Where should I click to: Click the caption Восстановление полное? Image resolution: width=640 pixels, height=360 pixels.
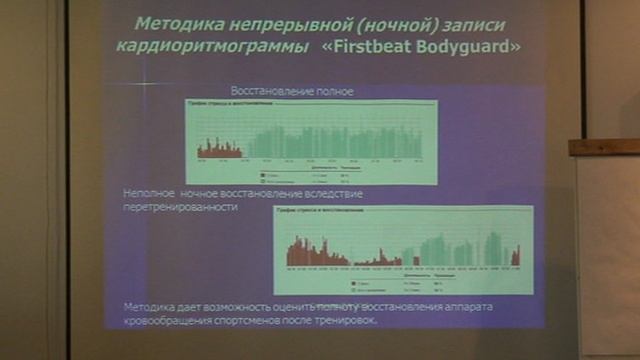(292, 92)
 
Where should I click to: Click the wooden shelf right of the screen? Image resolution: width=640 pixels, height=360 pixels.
(603, 147)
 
